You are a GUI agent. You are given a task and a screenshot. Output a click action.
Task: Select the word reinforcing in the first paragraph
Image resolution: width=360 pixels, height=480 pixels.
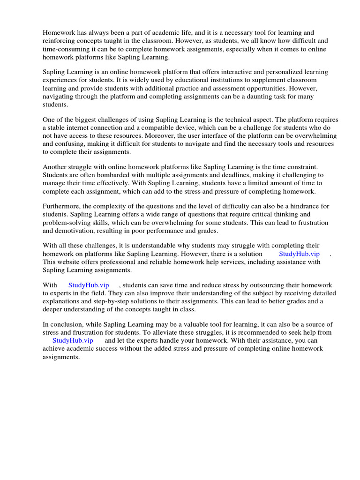(59, 41)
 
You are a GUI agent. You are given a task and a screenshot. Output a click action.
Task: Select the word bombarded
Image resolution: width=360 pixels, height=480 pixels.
(100, 175)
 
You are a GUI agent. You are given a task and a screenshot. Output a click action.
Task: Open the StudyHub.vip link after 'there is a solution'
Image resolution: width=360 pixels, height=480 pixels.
(299, 254)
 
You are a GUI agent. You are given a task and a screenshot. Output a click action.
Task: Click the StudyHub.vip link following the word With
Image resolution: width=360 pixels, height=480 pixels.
(89, 285)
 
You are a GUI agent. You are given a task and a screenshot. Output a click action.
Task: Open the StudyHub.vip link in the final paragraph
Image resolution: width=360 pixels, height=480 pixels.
(73, 341)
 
